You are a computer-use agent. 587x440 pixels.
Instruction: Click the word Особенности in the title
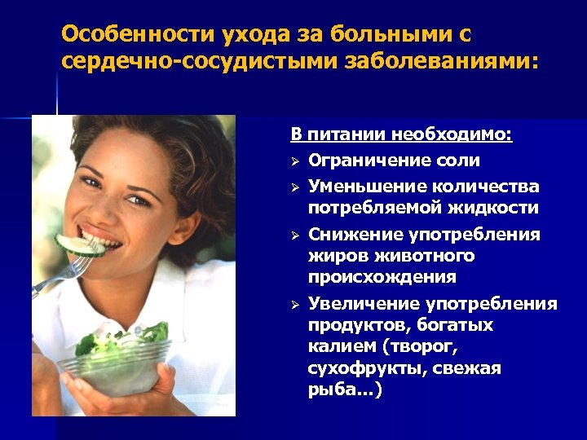click(x=138, y=36)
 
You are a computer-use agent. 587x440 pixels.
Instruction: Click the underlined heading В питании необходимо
click(x=402, y=135)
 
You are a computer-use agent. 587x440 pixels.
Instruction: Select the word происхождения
click(x=382, y=277)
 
